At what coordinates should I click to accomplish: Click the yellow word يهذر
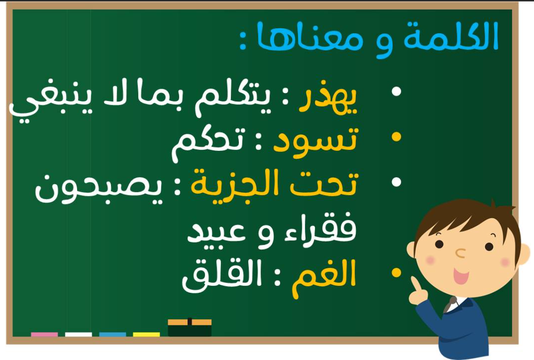pos(328,99)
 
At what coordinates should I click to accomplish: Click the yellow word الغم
pos(324,278)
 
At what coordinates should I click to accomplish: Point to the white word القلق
pos(221,276)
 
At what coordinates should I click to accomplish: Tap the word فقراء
pos(321,229)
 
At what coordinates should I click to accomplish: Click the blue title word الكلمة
pos(451,37)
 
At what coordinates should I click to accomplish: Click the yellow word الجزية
pos(238,186)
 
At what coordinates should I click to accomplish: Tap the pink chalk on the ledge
pos(45,335)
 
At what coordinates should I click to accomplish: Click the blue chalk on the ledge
pos(112,335)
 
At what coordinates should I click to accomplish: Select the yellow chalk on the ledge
pos(147,335)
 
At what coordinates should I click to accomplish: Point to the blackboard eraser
pos(190,328)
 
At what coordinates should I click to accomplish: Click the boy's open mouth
pos(460,276)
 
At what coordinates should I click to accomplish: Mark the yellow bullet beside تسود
pos(396,137)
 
